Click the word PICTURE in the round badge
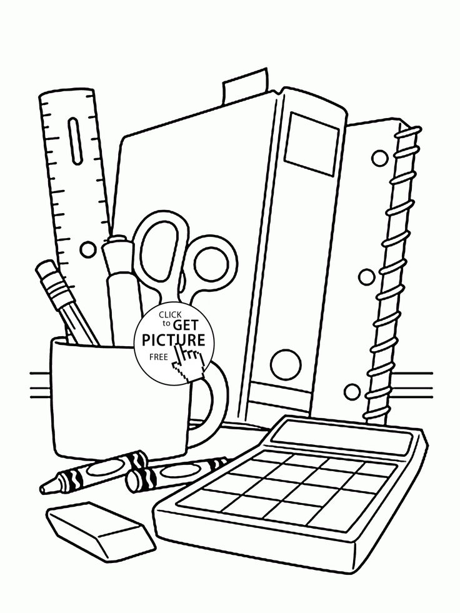(x=174, y=341)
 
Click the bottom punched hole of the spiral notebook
(x=353, y=392)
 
